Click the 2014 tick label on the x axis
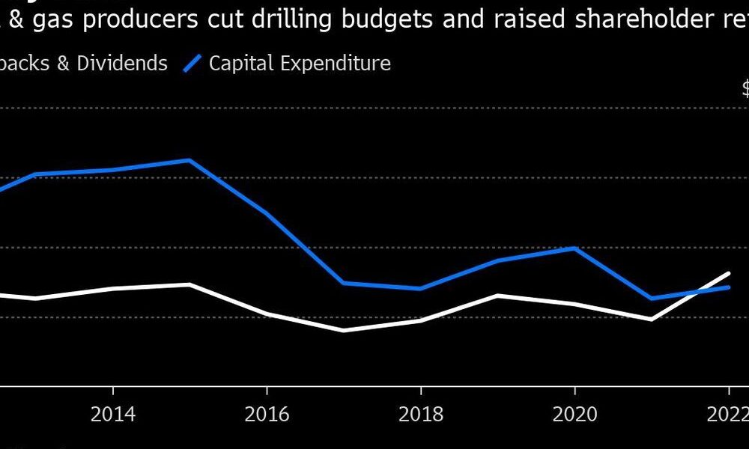coord(112,415)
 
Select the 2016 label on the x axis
coord(267,415)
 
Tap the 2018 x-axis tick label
coord(421,415)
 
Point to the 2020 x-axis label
coord(574,415)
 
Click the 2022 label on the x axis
coord(727,415)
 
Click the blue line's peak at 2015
coord(189,160)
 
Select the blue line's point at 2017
coord(343,283)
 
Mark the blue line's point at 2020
coord(574,248)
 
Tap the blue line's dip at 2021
coord(652,298)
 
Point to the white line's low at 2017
coord(343,330)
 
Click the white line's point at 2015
coord(189,284)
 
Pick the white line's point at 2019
coord(497,296)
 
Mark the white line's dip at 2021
coord(652,320)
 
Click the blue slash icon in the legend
coord(192,63)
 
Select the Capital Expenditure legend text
coord(300,63)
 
